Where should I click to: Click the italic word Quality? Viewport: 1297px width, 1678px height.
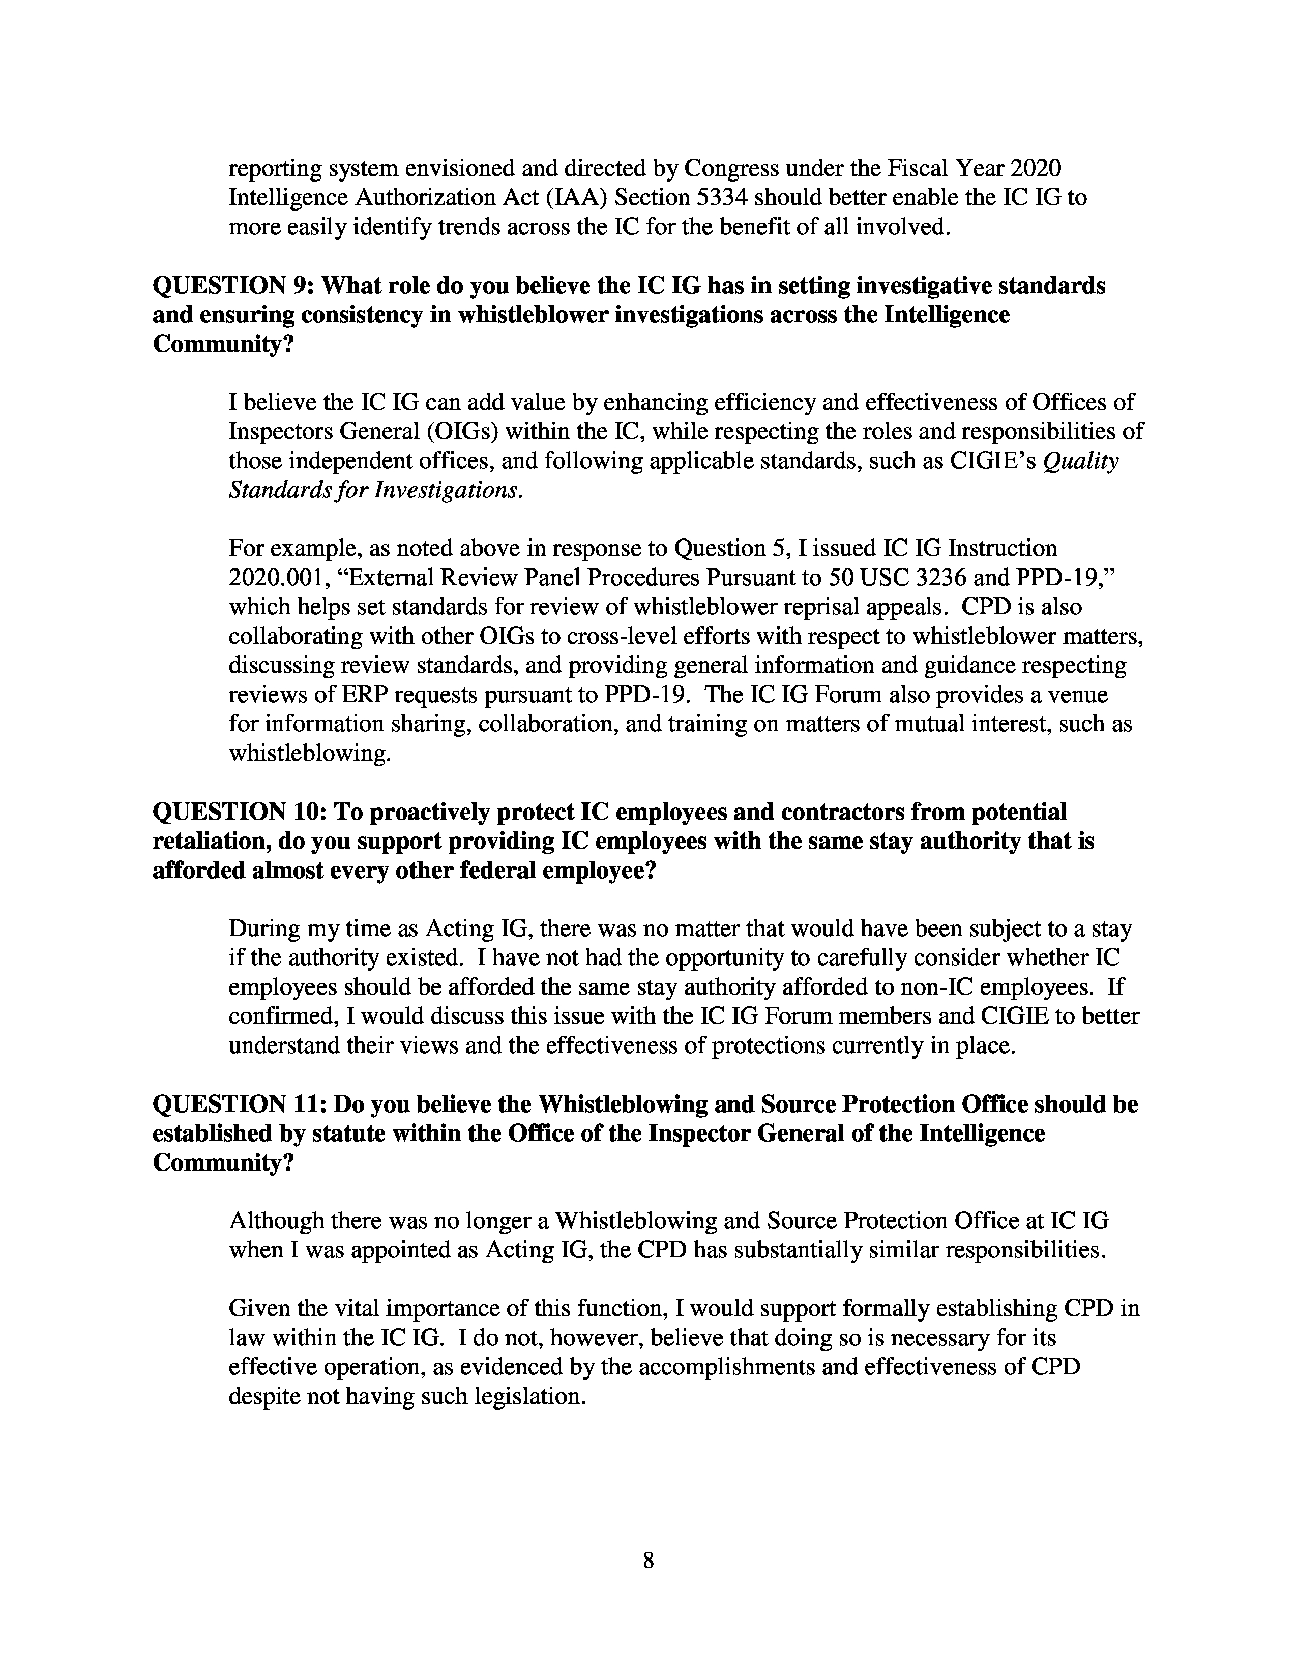pyautogui.click(x=1086, y=461)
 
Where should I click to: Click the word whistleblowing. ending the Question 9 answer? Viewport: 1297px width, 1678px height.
pyautogui.click(x=310, y=753)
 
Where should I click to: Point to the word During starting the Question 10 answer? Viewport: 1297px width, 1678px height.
pyautogui.click(x=265, y=929)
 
